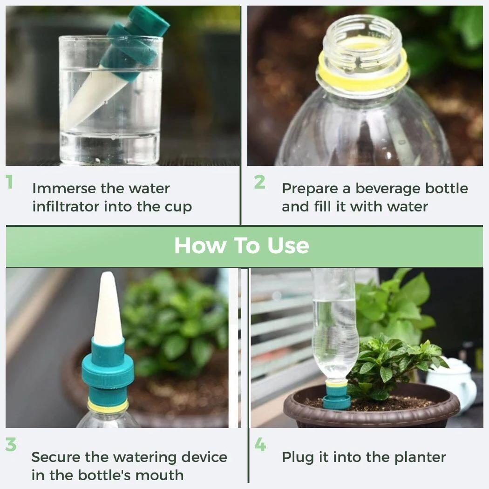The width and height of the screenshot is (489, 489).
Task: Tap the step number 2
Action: click(x=259, y=182)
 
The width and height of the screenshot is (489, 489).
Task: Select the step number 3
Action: click(x=11, y=445)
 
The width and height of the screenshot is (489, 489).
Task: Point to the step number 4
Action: click(x=260, y=445)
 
